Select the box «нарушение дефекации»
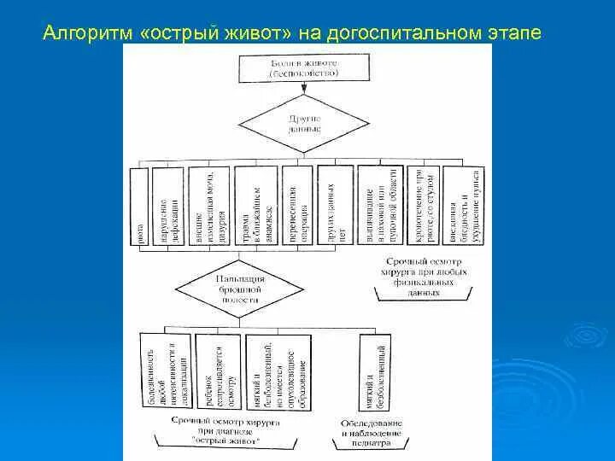[169, 209]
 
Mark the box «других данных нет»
[336, 209]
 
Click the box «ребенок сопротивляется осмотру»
[218, 372]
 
